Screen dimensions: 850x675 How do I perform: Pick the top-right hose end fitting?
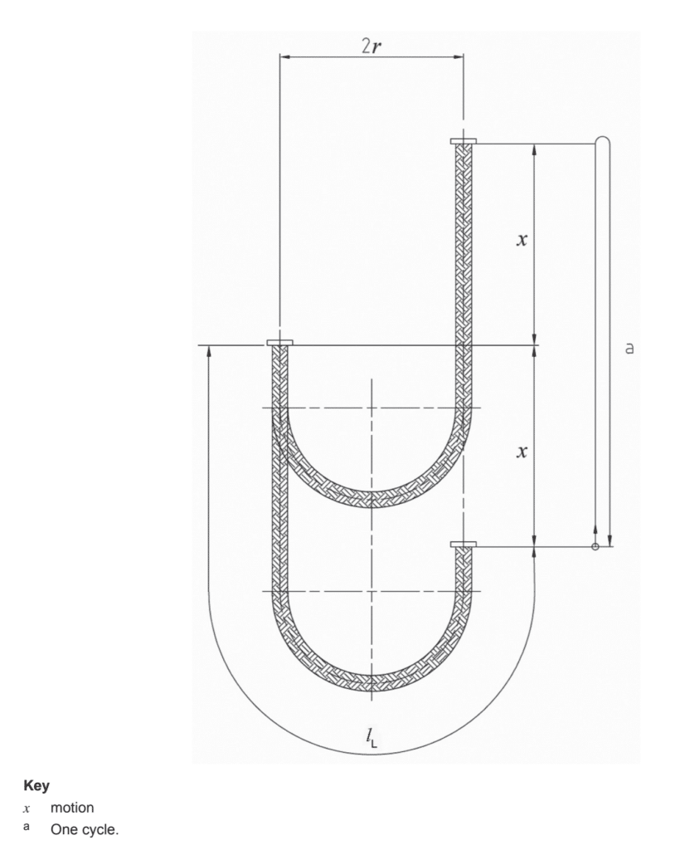tap(463, 142)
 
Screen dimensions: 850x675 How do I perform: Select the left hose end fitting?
tap(279, 343)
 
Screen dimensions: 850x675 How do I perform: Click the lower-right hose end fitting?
tap(463, 545)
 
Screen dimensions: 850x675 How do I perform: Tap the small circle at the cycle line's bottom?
tap(595, 546)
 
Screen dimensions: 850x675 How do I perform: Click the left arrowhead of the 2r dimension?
tap(284, 58)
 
